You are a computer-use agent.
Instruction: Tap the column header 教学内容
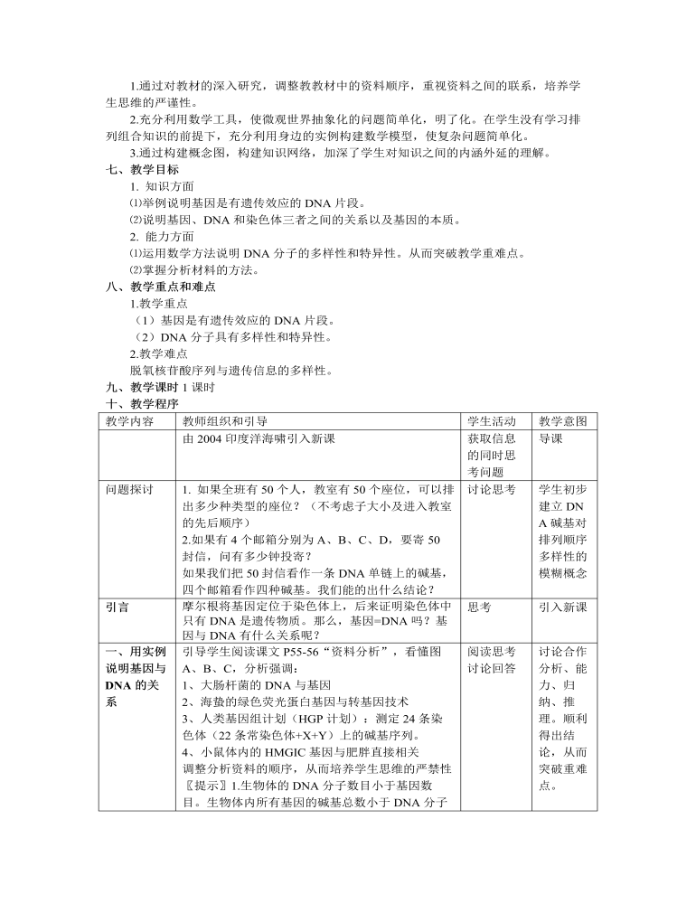pos(129,421)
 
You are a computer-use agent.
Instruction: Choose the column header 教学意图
pos(562,421)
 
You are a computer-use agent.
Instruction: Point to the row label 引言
pos(117,608)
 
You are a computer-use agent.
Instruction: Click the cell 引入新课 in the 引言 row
pos(562,608)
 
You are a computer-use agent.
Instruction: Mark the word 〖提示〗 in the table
pos(204,785)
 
